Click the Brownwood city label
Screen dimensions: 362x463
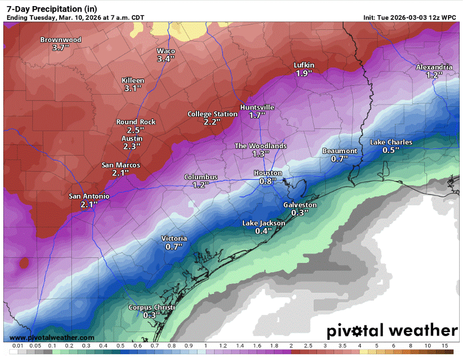tap(61, 40)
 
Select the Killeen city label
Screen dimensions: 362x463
tap(133, 80)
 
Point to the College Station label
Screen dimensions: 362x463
tap(212, 114)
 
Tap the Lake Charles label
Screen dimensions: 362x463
tap(391, 142)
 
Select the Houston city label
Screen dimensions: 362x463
tap(268, 173)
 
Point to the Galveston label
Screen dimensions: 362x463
tap(300, 205)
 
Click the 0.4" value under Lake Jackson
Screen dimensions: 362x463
tap(264, 231)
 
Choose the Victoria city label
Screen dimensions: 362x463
tap(174, 239)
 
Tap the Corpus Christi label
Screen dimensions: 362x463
tap(152, 307)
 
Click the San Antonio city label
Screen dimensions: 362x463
tap(89, 196)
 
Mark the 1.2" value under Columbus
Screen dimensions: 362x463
tap(200, 185)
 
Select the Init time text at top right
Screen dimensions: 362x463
tap(410, 18)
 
